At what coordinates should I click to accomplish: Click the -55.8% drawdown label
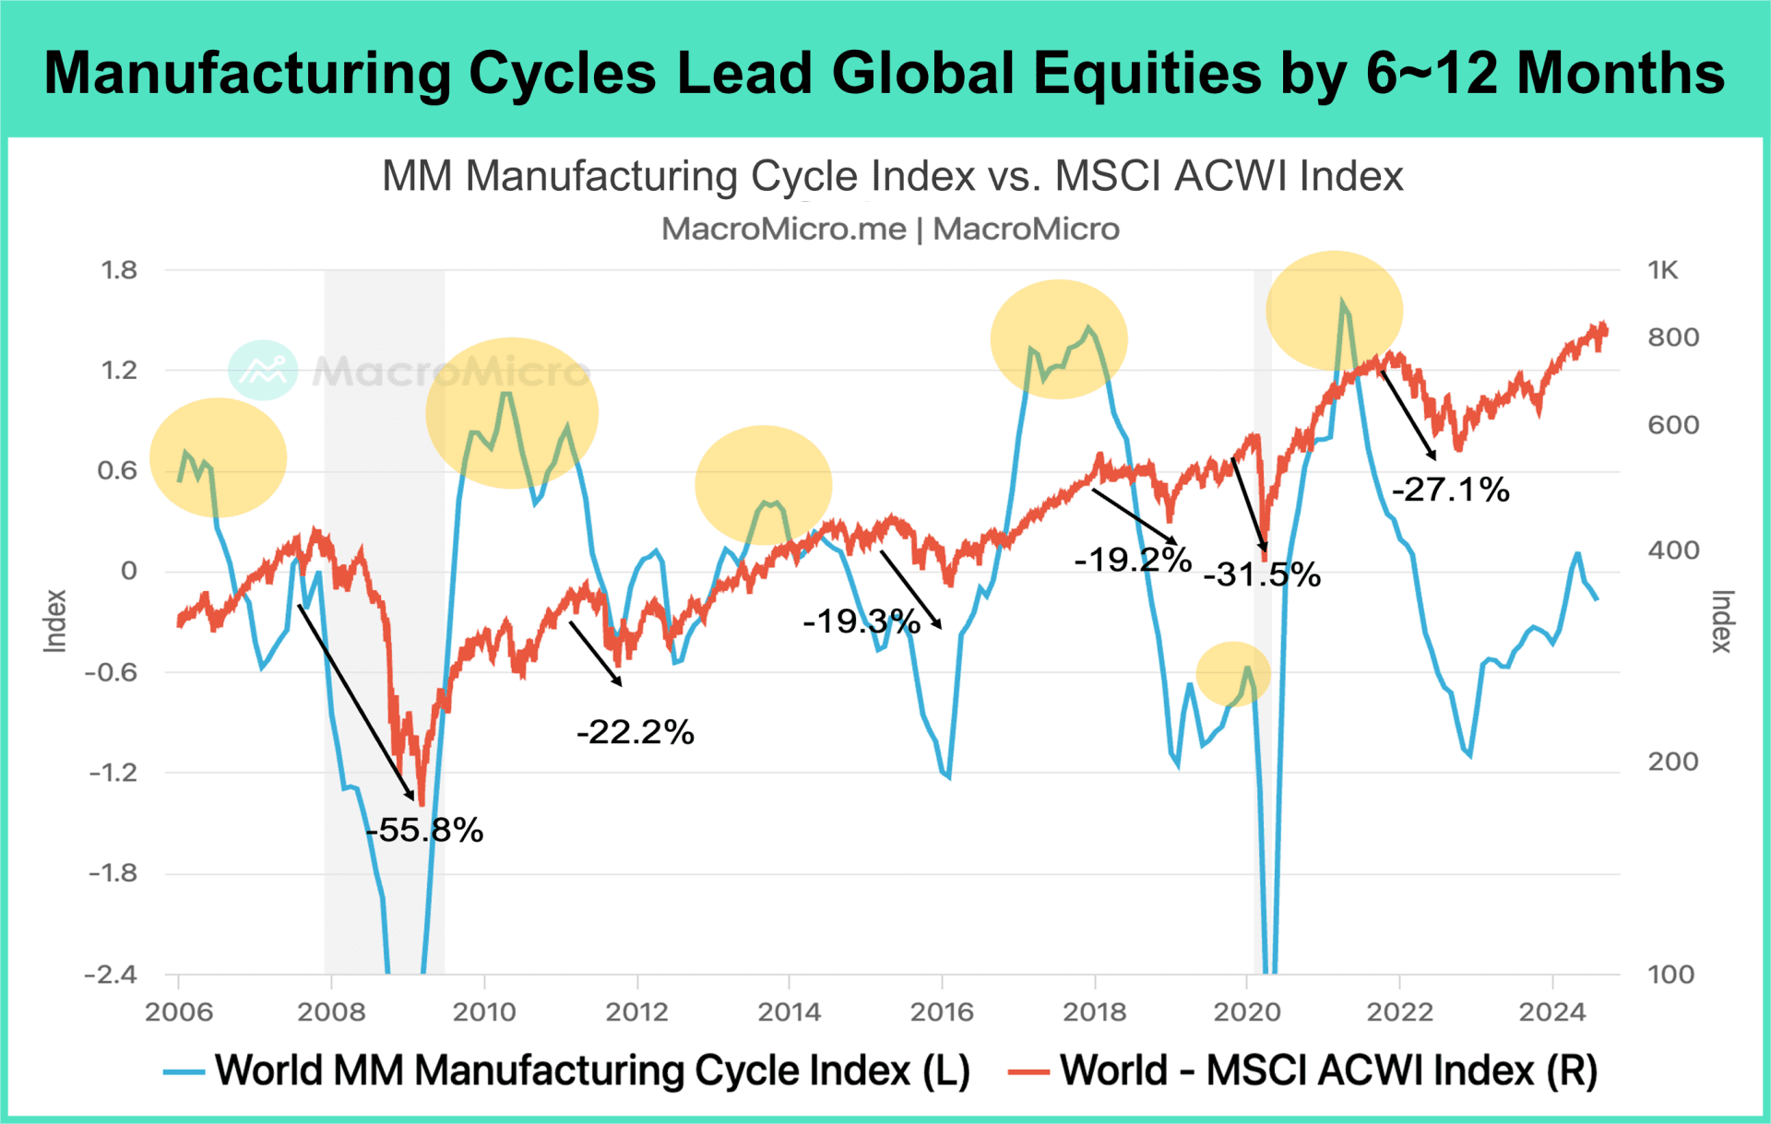tap(425, 830)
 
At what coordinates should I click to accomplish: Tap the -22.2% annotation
tap(635, 732)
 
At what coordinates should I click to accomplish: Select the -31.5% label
tap(1262, 574)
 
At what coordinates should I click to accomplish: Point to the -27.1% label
tap(1450, 489)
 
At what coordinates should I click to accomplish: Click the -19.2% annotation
tap(1133, 559)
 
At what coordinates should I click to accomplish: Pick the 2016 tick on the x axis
tap(942, 1012)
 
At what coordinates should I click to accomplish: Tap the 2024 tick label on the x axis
tap(1552, 1012)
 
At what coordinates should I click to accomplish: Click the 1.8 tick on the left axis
tap(118, 270)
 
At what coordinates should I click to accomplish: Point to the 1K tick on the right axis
tap(1663, 270)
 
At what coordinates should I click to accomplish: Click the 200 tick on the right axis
tap(1672, 762)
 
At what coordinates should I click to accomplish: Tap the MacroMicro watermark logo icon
tap(263, 370)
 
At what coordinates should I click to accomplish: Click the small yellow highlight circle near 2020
tap(1233, 674)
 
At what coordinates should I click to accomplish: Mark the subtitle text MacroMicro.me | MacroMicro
tap(890, 229)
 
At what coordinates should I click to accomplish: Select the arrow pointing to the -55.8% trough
tap(356, 702)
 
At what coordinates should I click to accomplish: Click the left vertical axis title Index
tap(55, 621)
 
